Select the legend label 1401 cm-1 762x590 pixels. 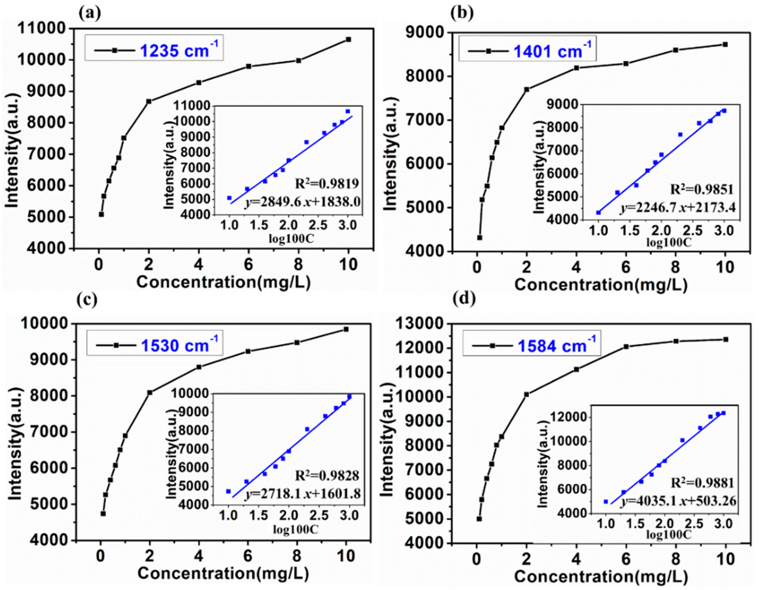click(552, 51)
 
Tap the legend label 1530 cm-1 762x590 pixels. click(179, 345)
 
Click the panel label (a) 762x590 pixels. click(90, 13)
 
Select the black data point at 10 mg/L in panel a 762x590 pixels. click(348, 39)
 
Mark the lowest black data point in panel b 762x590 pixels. click(480, 237)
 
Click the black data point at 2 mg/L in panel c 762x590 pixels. click(150, 392)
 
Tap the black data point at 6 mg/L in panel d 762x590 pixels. click(626, 347)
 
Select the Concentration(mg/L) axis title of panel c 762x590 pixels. click(223, 573)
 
